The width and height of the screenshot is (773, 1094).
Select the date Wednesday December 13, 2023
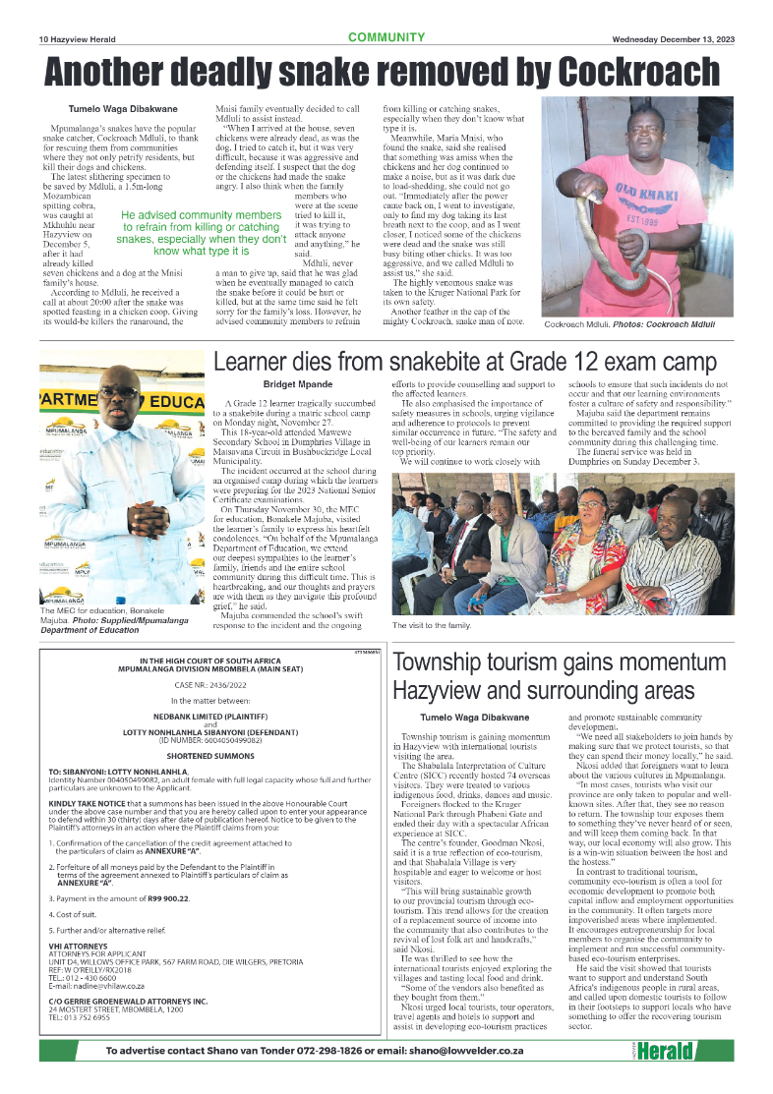pos(672,39)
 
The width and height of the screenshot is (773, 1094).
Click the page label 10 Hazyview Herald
pos(78,39)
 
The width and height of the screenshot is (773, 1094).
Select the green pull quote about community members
pos(202,233)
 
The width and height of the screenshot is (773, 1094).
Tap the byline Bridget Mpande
pos(297,383)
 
